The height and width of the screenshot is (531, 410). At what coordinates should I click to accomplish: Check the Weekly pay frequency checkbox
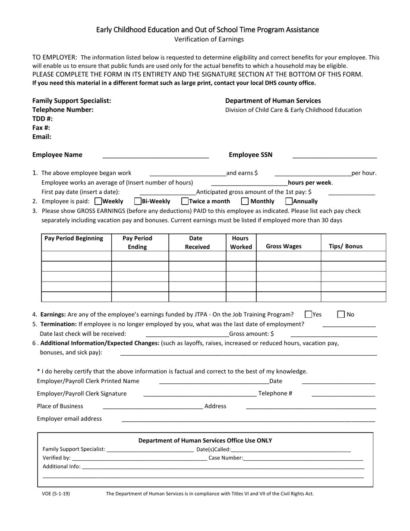(x=98, y=201)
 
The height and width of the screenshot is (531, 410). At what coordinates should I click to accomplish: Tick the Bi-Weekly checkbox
(x=138, y=201)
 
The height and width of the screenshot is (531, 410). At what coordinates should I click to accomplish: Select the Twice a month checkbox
(x=185, y=201)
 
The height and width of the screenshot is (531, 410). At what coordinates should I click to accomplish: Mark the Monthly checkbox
(x=245, y=201)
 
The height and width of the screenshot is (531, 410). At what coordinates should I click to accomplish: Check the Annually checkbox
(x=289, y=201)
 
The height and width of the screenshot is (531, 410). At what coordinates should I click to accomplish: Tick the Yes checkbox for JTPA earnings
(x=308, y=314)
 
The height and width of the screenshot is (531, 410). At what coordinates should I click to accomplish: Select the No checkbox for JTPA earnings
(x=341, y=314)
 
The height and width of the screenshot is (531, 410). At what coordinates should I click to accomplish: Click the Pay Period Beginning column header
(x=74, y=238)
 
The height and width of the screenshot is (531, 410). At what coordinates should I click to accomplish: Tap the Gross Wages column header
(x=284, y=246)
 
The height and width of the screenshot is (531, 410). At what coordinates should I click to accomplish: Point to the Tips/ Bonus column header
(x=345, y=246)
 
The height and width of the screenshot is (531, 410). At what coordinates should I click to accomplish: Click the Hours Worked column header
(x=241, y=243)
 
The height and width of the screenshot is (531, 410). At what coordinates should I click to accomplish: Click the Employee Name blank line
(x=155, y=156)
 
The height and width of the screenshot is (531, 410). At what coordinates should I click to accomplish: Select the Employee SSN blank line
(x=334, y=156)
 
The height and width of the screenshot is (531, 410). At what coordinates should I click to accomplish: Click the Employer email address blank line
(x=248, y=420)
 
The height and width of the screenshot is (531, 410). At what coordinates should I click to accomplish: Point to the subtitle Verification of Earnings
(x=209, y=39)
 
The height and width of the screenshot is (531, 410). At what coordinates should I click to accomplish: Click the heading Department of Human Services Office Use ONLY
(x=205, y=440)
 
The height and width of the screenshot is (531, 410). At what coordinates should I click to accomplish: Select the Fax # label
(x=41, y=128)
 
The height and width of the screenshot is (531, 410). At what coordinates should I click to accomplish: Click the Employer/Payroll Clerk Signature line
(x=199, y=395)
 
